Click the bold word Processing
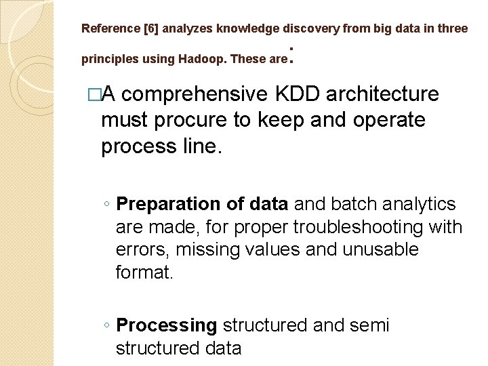coord(166,326)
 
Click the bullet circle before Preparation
coord(108,205)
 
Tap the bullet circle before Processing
coord(108,326)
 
